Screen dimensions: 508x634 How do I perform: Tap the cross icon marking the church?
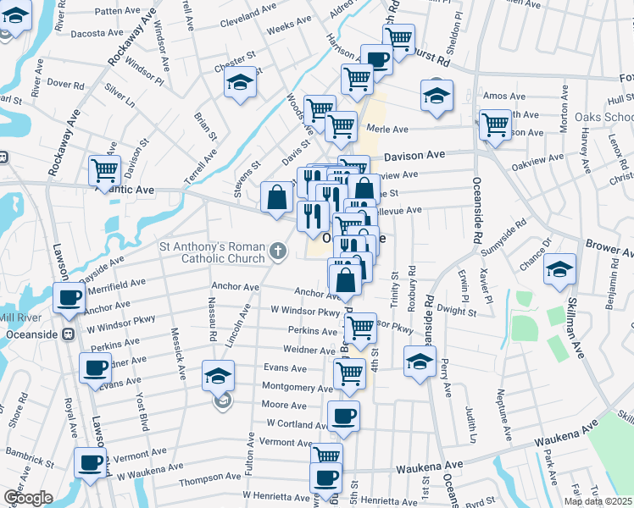point(277,251)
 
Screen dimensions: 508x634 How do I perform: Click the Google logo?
point(28,498)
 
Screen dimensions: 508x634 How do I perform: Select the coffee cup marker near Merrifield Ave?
point(70,297)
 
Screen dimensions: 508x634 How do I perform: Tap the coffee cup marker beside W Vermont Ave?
point(90,463)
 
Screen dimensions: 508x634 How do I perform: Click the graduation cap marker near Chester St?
point(241,82)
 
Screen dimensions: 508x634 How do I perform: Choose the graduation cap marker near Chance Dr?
point(559,268)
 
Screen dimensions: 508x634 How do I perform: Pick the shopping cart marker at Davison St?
point(104,169)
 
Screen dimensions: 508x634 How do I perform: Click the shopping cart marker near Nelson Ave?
point(496,124)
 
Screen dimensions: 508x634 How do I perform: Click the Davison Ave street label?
point(414,157)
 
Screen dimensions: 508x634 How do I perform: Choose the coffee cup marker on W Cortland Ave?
point(343,416)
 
